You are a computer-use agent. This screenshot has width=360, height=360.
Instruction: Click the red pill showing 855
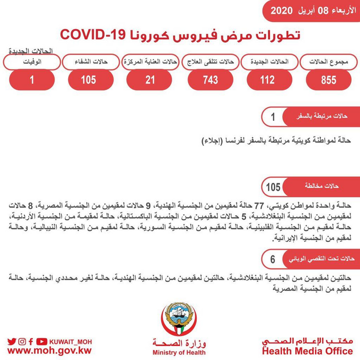tap(328, 80)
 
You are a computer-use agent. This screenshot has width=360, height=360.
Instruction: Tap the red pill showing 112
tap(268, 80)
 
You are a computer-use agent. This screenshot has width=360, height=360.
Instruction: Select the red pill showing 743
tap(210, 80)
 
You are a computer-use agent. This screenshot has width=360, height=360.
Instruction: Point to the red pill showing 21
tap(150, 80)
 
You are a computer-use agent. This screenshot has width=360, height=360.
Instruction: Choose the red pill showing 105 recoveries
tap(88, 80)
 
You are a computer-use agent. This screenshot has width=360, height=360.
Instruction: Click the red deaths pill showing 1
tap(32, 80)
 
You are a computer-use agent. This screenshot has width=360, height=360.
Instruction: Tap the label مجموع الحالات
tap(328, 62)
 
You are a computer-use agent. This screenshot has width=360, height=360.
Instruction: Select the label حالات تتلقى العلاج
tap(210, 62)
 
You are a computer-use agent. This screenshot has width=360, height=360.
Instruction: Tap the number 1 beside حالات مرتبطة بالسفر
tap(273, 116)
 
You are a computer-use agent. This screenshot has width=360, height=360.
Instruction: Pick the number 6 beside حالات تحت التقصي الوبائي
tap(272, 258)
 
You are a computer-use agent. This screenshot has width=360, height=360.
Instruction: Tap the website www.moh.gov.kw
tap(50, 351)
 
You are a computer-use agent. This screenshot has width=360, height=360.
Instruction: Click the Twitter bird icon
tap(11, 341)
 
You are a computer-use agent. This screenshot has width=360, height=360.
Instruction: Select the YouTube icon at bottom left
tap(42, 341)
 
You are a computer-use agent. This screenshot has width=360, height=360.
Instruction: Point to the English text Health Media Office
tap(307, 351)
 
